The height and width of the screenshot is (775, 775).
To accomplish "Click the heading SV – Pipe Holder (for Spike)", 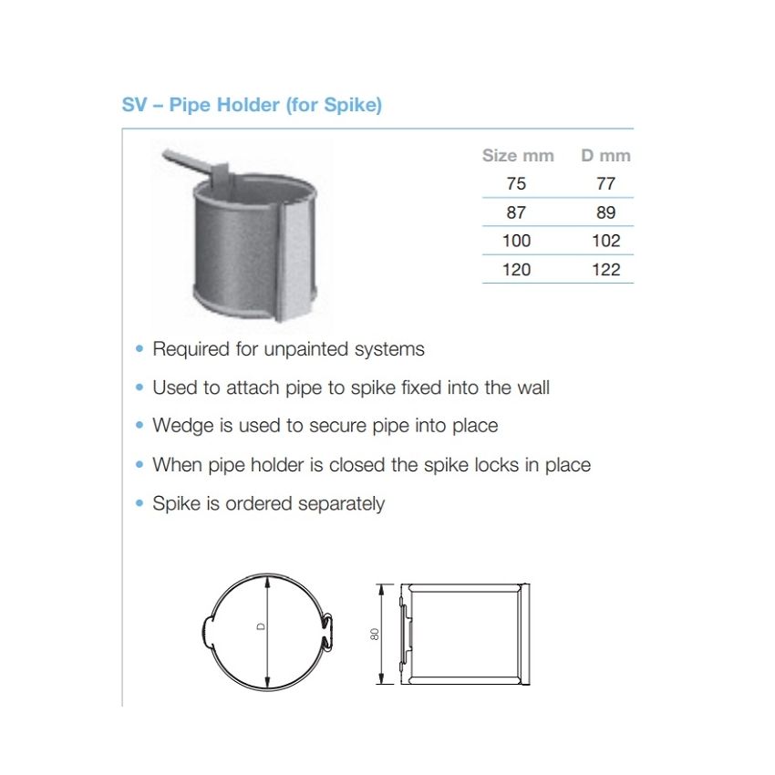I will [252, 105].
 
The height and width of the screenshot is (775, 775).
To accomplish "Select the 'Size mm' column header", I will [517, 155].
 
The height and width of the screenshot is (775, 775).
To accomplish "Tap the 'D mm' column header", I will [605, 155].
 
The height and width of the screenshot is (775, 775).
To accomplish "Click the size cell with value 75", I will [516, 183].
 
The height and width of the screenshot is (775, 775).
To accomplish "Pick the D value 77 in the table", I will [605, 183].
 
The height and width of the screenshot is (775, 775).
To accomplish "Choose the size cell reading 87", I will [516, 212].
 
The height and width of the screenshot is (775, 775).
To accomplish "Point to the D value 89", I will [605, 212].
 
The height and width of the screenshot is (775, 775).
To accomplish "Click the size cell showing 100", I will [516, 241].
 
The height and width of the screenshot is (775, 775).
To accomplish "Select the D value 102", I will [605, 241].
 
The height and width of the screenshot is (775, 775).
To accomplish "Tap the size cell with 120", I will [516, 269].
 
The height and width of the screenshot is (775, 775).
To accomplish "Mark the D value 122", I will [605, 269].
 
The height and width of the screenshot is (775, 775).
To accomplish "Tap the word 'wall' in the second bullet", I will [532, 387].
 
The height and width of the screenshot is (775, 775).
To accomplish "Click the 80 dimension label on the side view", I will [374, 633].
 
